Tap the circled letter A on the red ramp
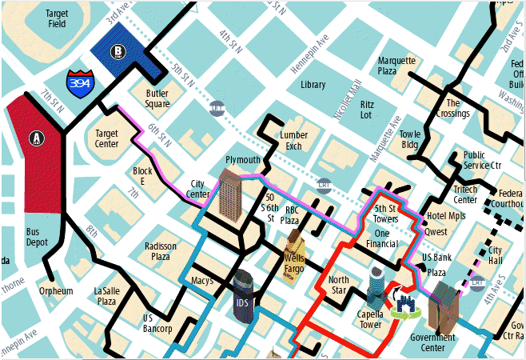click(x=37, y=138)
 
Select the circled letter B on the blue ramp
click(x=119, y=53)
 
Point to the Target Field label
click(x=57, y=19)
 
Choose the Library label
click(x=313, y=84)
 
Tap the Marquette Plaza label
click(x=397, y=66)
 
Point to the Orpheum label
click(x=56, y=291)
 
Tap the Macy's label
click(x=202, y=281)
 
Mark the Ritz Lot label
click(x=367, y=110)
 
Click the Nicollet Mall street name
click(x=349, y=98)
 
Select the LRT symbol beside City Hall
click(x=477, y=282)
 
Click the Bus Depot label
click(x=38, y=237)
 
